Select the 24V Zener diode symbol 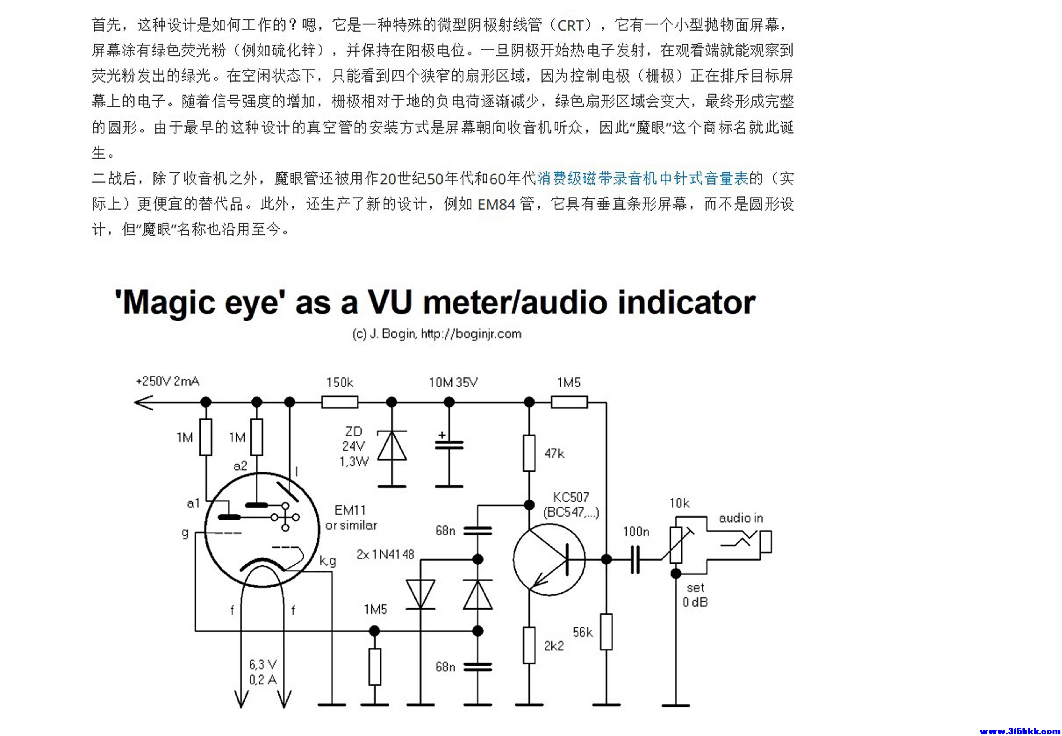pyautogui.click(x=392, y=446)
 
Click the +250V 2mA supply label pyautogui.click(x=168, y=381)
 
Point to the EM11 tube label pyautogui.click(x=350, y=510)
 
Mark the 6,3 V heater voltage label pyautogui.click(x=263, y=665)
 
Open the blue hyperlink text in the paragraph pyautogui.click(x=642, y=178)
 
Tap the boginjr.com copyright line pyautogui.click(x=436, y=333)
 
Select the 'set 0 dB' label pyautogui.click(x=695, y=595)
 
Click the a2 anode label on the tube pyautogui.click(x=240, y=466)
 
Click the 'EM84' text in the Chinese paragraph pyautogui.click(x=496, y=204)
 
